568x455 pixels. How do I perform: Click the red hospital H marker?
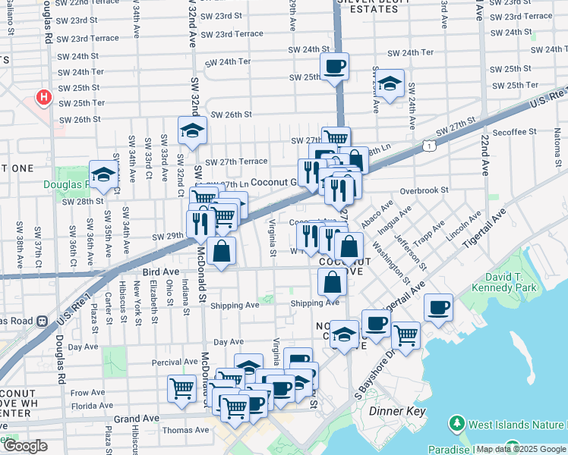44,98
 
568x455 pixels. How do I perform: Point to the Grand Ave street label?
136,418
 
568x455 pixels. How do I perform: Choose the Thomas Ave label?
185,430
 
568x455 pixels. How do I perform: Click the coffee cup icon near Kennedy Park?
438,307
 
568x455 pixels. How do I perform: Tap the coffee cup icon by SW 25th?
335,67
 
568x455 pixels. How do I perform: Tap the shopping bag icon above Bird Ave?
220,251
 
